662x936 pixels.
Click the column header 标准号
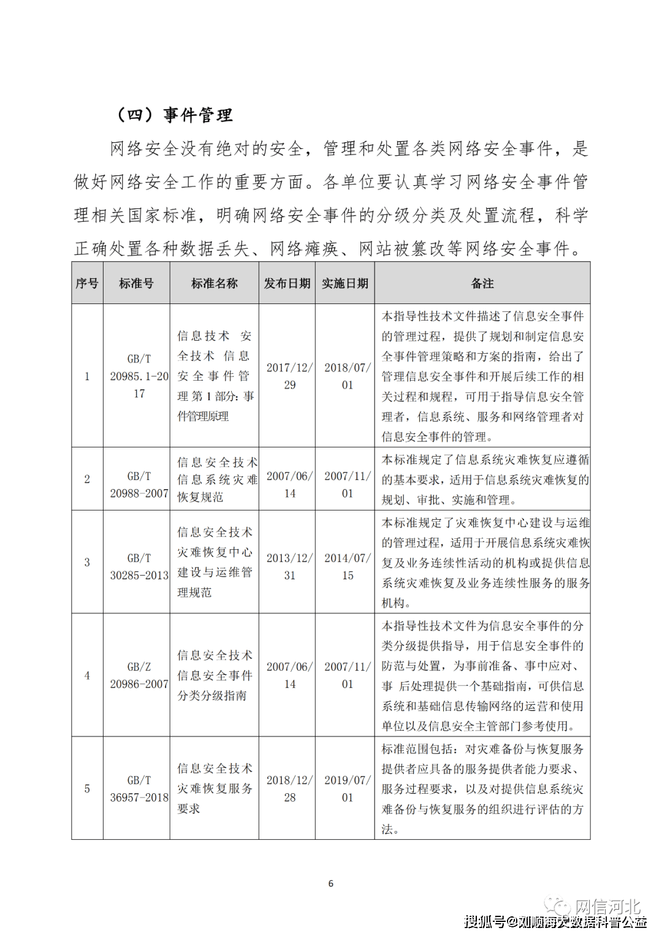(136, 283)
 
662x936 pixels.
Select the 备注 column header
(482, 283)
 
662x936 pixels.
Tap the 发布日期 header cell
(287, 283)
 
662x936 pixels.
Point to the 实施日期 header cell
(345, 283)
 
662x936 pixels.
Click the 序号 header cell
(87, 283)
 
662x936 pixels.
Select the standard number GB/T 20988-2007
(139, 485)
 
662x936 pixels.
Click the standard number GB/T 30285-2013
(139, 567)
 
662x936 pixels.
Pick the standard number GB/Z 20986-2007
(139, 675)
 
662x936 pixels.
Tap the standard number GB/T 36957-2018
(139, 789)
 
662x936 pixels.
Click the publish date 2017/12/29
(289, 376)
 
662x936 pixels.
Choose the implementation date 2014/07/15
(348, 567)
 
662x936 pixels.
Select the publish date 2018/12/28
(289, 789)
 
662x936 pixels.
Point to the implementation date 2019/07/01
(348, 789)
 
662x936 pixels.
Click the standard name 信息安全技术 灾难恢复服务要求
(215, 789)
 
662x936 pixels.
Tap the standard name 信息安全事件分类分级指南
(215, 675)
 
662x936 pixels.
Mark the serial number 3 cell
(87, 562)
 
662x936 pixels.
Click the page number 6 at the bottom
(331, 883)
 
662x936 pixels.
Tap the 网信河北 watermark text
(607, 907)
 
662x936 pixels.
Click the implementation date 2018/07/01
(348, 376)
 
